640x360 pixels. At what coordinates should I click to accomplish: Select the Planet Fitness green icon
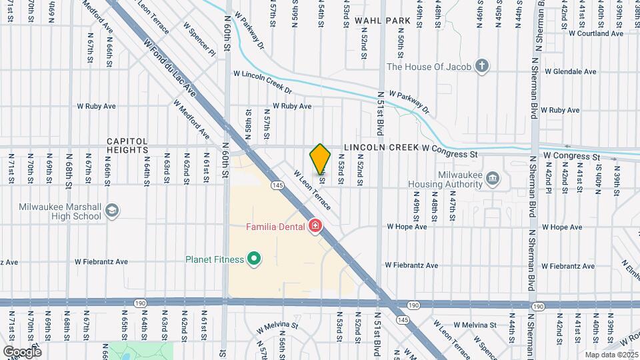tap(253, 259)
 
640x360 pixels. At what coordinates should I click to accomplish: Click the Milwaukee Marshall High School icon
tap(112, 211)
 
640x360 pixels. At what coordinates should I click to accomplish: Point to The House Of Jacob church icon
tap(483, 66)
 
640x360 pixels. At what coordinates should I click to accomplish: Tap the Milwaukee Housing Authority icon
tap(493, 177)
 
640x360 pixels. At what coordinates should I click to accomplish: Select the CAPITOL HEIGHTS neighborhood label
tap(127, 146)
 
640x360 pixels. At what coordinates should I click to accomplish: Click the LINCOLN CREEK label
tap(381, 147)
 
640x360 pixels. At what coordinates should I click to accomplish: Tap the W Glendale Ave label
tap(570, 71)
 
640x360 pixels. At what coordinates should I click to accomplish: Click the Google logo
tap(22, 351)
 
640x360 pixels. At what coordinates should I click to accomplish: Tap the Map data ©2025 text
tap(611, 355)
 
